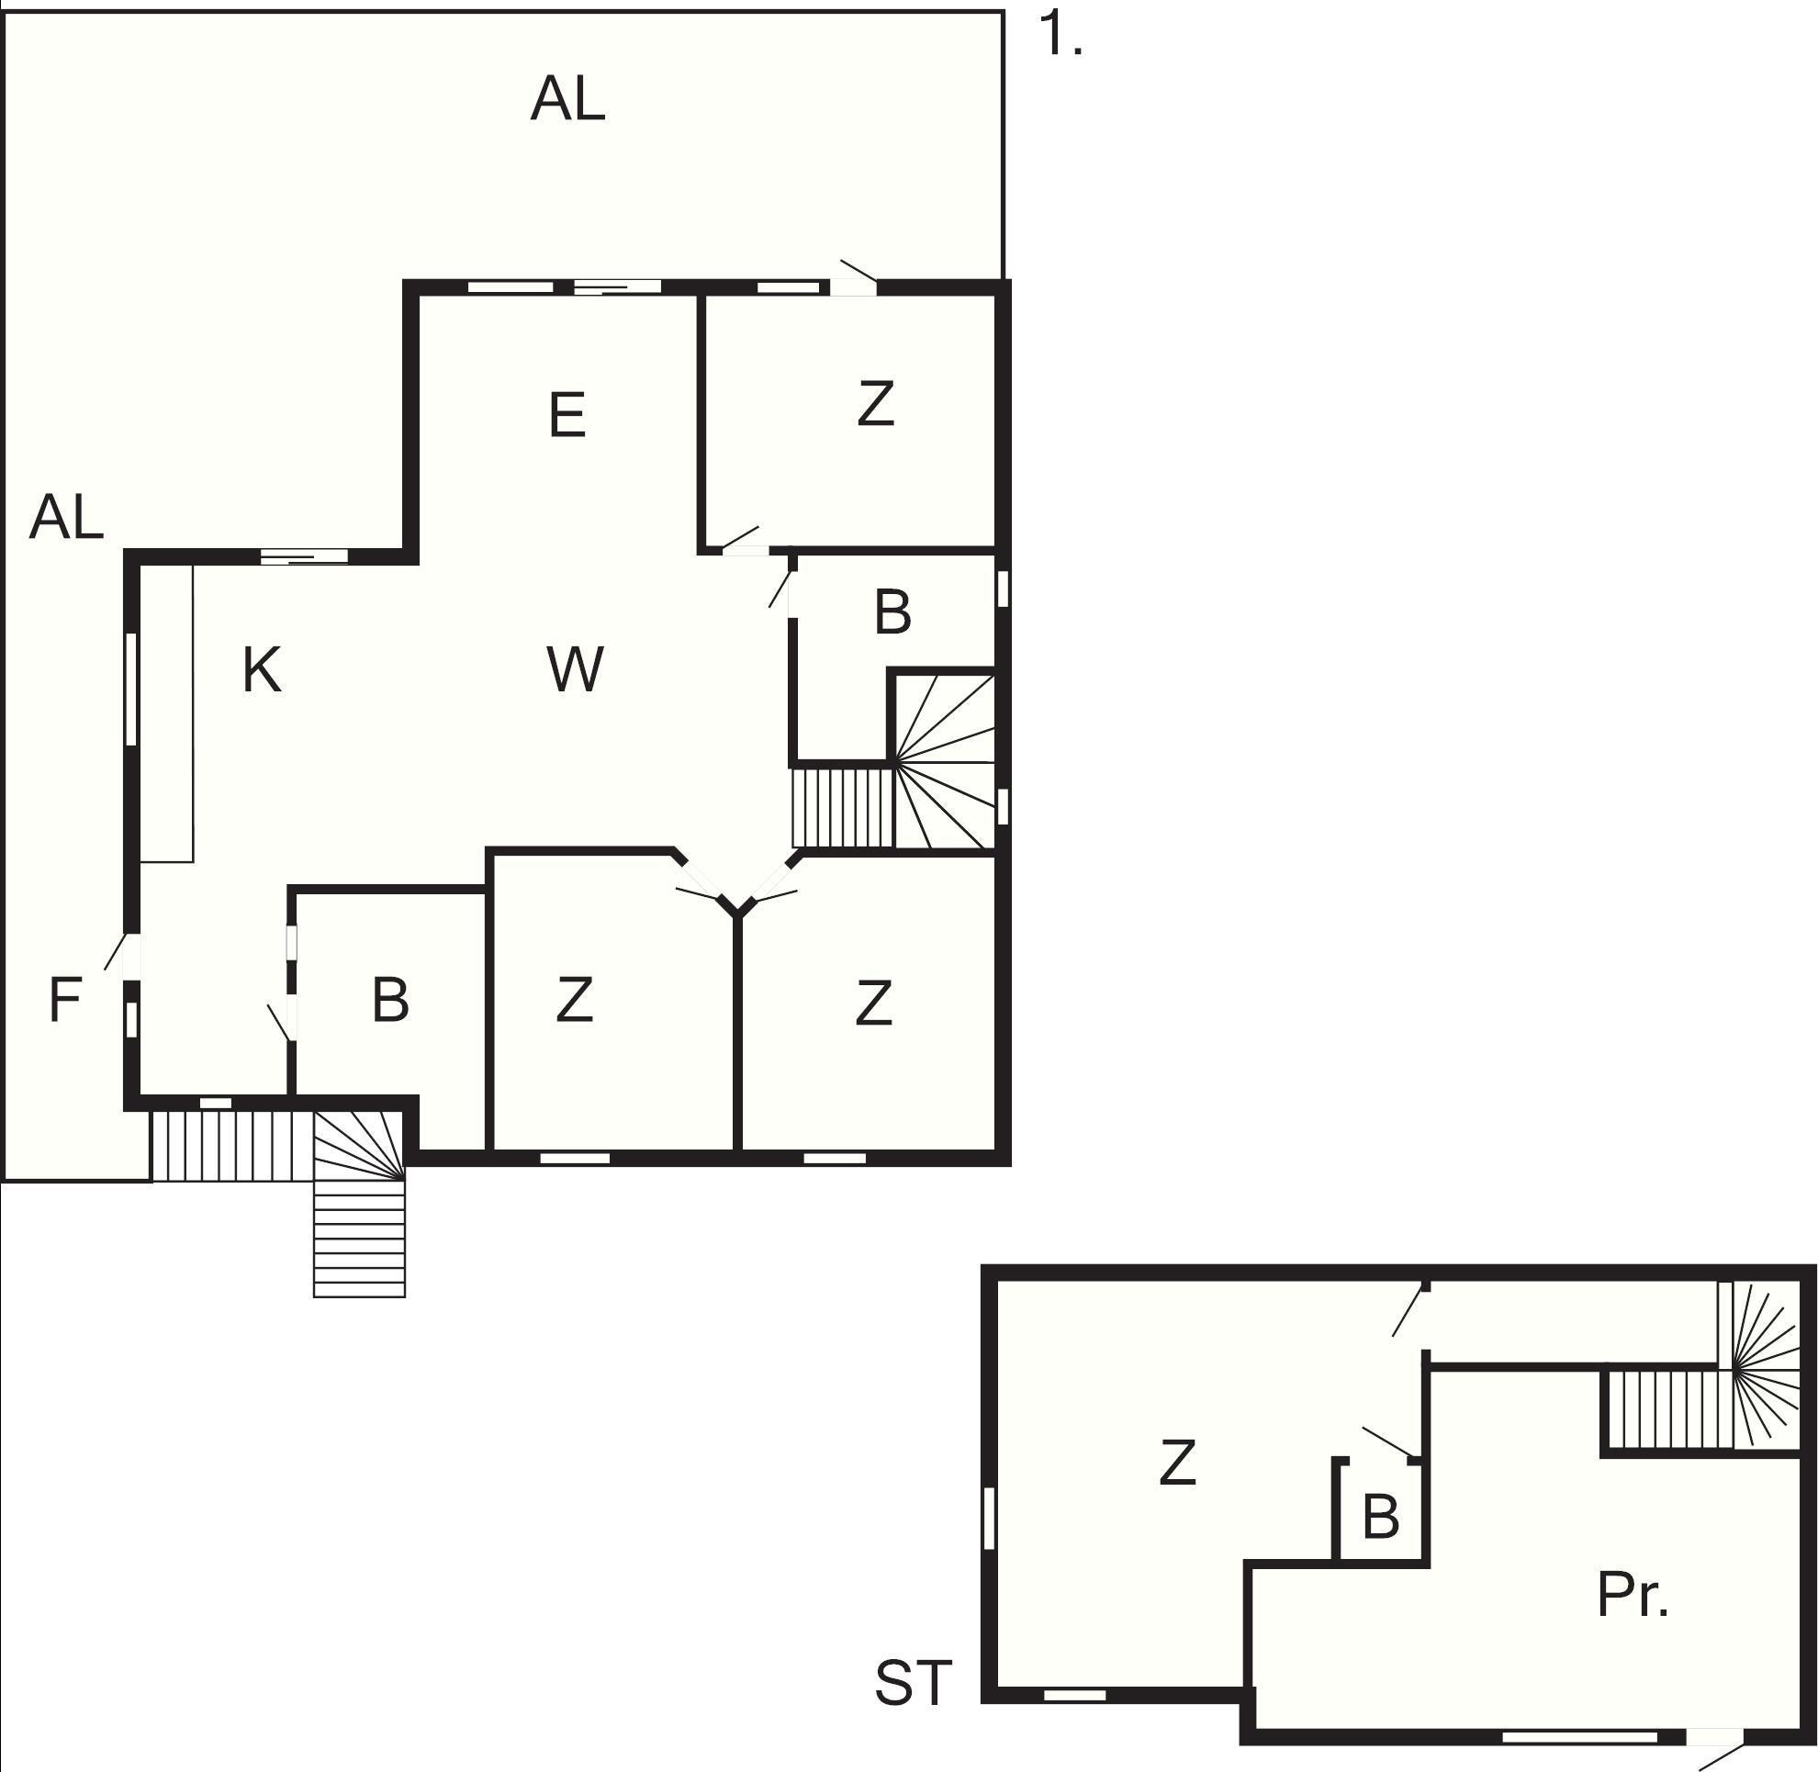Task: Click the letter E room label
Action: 567,415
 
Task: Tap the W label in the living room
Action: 576,669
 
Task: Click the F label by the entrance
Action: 64,1001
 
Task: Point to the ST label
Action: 914,1683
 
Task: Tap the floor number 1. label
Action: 1060,36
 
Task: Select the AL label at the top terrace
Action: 567,99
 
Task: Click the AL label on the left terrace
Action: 66,518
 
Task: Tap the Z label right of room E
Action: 875,404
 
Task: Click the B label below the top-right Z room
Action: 892,613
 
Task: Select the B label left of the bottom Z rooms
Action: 390,1001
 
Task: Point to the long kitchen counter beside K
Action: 166,712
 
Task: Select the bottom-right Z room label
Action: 873,1004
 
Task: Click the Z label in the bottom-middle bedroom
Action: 575,1001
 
